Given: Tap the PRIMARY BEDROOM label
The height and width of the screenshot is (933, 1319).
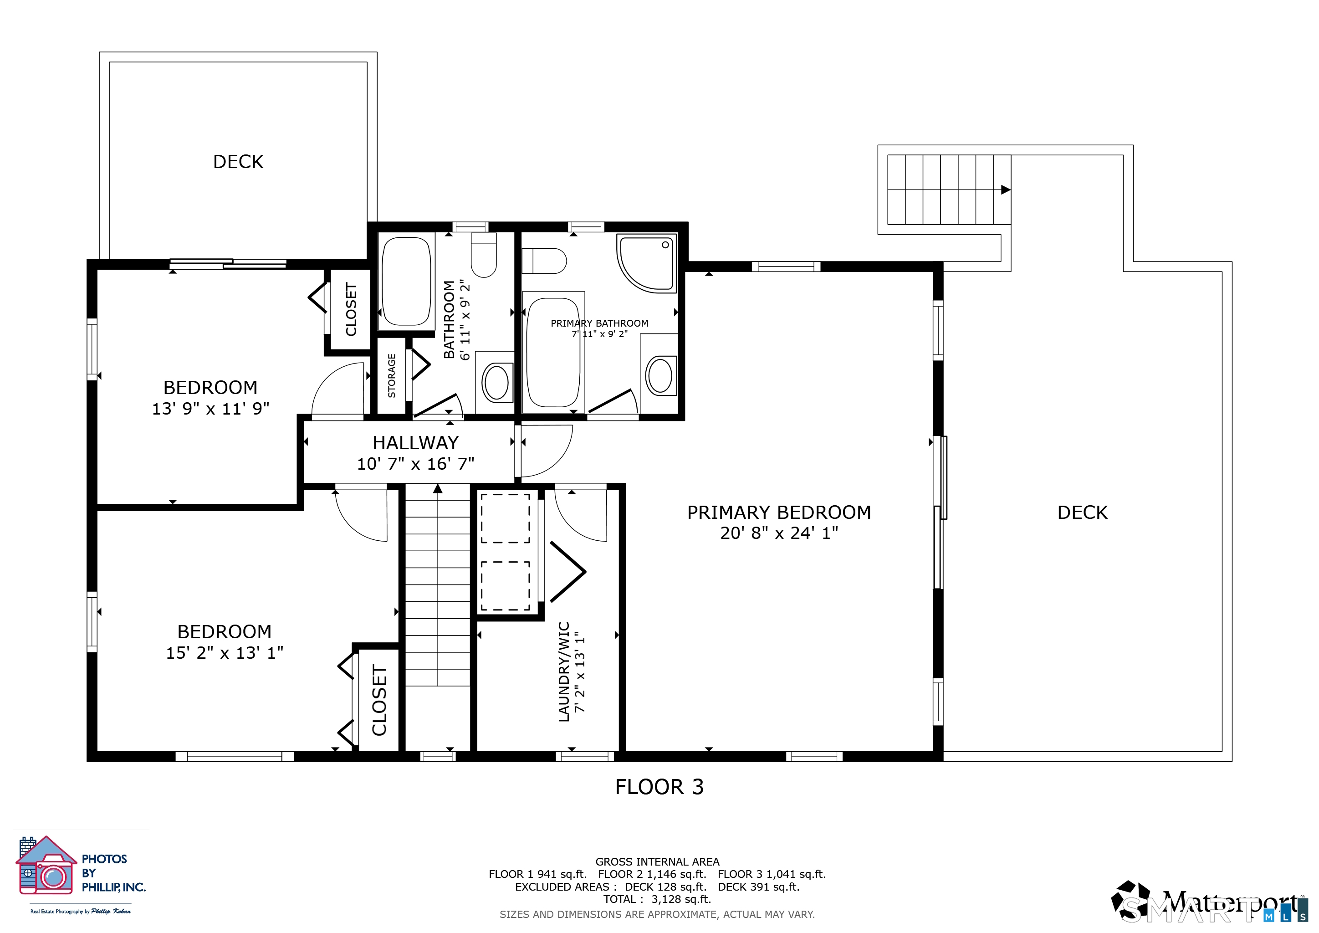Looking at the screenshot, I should (x=778, y=512).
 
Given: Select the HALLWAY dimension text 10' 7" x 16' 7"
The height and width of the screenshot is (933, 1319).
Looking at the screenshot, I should (x=415, y=464).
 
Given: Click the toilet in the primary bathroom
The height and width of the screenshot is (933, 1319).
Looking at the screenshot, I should (x=544, y=261).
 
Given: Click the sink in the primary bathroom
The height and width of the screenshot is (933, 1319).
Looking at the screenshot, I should (x=660, y=375).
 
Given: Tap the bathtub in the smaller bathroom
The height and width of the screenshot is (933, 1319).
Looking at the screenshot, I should (x=406, y=282).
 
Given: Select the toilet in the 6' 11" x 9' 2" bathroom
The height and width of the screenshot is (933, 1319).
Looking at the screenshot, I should (x=484, y=256).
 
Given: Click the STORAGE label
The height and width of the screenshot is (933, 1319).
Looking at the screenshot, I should (x=392, y=376).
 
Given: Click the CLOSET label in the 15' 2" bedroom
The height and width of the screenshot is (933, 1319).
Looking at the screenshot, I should (x=379, y=700).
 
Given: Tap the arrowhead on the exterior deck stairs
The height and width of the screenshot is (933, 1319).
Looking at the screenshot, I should (x=1005, y=190).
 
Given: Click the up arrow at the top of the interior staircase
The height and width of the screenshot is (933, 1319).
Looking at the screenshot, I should (x=438, y=489).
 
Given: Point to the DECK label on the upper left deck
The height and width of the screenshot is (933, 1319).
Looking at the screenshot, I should (x=238, y=161).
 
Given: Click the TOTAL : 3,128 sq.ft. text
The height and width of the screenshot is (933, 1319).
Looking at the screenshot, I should (x=657, y=899).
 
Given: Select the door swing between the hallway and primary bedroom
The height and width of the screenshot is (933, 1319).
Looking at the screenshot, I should (x=546, y=451).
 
